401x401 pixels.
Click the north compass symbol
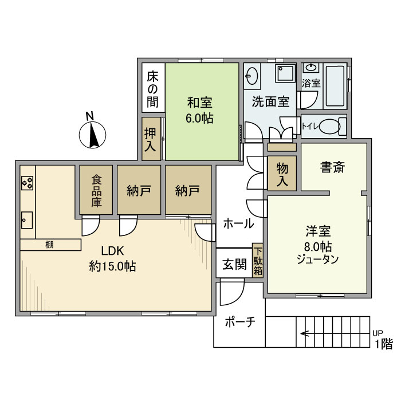click(92, 134)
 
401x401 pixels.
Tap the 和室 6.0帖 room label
click(200, 110)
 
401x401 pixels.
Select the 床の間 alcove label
click(153, 89)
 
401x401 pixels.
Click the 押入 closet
click(151, 139)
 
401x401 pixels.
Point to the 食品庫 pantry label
click(97, 190)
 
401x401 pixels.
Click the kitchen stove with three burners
click(27, 183)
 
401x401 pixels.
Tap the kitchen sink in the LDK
click(27, 220)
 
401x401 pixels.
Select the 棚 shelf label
click(49, 245)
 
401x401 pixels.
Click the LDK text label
click(112, 251)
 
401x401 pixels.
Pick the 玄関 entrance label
click(234, 264)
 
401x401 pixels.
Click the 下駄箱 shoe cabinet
click(258, 260)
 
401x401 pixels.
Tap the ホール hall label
click(239, 224)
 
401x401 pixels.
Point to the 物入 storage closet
click(282, 173)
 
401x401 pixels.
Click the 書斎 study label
click(332, 167)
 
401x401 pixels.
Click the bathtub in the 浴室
click(335, 86)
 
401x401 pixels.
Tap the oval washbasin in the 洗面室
click(251, 76)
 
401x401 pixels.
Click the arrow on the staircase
click(309, 333)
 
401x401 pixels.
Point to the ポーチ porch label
click(240, 322)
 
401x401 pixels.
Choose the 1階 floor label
click(384, 344)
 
